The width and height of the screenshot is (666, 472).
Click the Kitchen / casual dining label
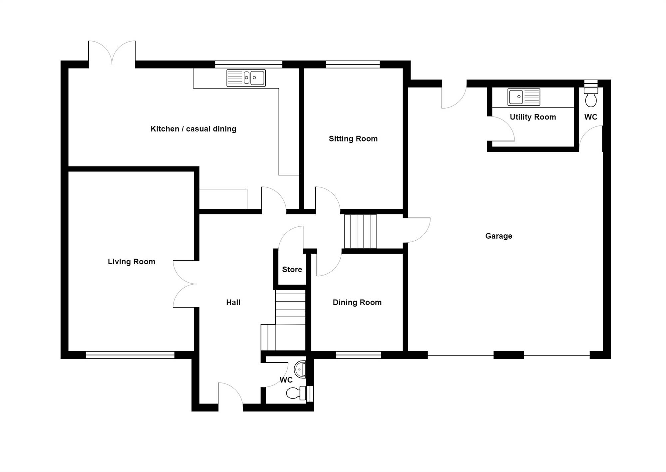tap(193, 129)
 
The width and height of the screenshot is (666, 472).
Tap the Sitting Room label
tap(353, 139)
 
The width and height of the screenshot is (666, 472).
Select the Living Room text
tap(132, 262)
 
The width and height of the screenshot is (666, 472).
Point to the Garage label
tap(499, 236)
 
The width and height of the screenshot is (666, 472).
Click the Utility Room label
tap(533, 117)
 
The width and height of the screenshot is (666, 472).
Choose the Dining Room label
tap(357, 303)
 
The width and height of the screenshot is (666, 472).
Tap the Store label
tap(292, 270)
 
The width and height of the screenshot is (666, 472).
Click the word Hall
tap(233, 303)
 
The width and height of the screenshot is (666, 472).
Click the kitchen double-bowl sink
tap(246, 78)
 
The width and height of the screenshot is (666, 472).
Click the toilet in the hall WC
tap(296, 393)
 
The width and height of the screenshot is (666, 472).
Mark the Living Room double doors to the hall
tap(185, 284)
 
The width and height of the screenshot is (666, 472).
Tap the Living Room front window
tap(130, 355)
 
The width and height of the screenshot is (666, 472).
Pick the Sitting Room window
tap(353, 64)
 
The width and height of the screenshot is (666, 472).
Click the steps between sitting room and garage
tap(360, 231)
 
